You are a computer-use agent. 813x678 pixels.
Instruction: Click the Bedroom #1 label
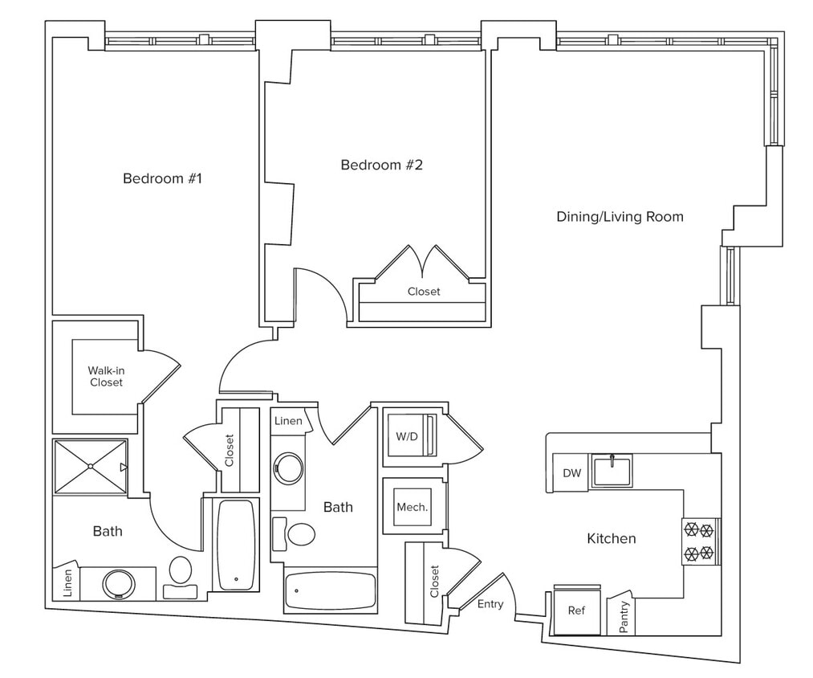(x=162, y=178)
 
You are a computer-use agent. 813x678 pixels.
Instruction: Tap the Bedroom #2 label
(x=381, y=165)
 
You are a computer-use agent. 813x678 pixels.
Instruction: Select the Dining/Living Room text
(x=620, y=216)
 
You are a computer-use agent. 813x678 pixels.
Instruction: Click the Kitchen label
(x=611, y=538)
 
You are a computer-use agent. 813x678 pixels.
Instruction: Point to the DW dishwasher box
(x=571, y=473)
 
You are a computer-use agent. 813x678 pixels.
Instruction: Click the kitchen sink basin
(x=612, y=471)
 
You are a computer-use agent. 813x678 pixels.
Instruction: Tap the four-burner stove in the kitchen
(x=697, y=541)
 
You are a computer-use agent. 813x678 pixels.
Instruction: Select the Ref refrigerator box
(x=576, y=611)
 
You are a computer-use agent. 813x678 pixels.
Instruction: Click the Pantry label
(x=624, y=617)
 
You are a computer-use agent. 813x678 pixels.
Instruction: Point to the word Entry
(x=490, y=604)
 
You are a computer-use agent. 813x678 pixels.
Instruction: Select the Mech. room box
(x=412, y=507)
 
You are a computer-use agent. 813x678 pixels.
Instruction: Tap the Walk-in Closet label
(x=106, y=377)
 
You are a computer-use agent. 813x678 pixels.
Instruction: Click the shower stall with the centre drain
(x=91, y=466)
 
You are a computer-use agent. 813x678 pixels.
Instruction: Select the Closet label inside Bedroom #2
(x=423, y=292)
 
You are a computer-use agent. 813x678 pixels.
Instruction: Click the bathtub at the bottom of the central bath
(x=330, y=591)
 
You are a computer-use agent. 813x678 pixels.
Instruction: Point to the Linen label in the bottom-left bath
(x=67, y=582)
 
